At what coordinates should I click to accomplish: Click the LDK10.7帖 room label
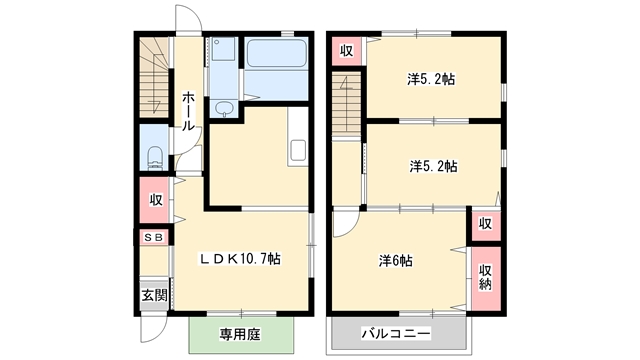[x=240, y=259]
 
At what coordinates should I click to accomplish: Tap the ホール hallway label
[x=188, y=111]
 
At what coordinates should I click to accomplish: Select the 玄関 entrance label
[x=155, y=295]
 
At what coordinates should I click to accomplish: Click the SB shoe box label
[x=153, y=237]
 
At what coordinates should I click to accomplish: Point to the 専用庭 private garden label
[x=240, y=335]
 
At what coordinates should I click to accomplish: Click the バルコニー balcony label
[x=396, y=334]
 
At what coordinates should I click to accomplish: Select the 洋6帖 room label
[x=396, y=260]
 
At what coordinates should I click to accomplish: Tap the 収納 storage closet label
[x=485, y=277]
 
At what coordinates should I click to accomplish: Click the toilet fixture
[x=155, y=157]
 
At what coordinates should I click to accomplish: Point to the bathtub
[x=277, y=53]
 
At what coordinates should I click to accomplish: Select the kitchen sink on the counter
[x=298, y=150]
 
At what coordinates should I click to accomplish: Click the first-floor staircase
[x=154, y=78]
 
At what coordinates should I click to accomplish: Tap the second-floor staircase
[x=346, y=104]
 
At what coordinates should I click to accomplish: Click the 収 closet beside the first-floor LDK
[x=155, y=200]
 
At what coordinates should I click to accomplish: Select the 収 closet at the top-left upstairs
[x=346, y=51]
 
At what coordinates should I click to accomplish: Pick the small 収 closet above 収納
[x=485, y=224]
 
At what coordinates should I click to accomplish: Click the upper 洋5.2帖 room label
[x=431, y=79]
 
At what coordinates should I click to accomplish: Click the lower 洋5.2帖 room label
[x=433, y=166]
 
